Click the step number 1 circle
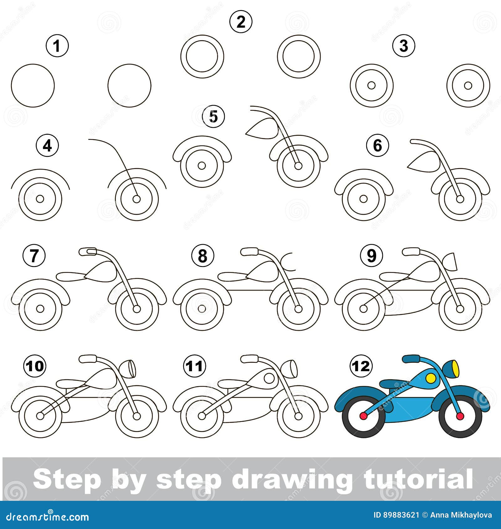click(x=57, y=46)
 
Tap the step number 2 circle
click(x=240, y=22)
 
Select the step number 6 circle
click(x=378, y=146)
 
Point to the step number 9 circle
click(x=371, y=256)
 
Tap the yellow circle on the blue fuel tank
click(x=431, y=378)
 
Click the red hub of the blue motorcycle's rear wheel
click(x=364, y=416)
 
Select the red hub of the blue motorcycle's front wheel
click(x=460, y=416)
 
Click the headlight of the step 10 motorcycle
click(x=131, y=368)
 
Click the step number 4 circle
click(x=47, y=146)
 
